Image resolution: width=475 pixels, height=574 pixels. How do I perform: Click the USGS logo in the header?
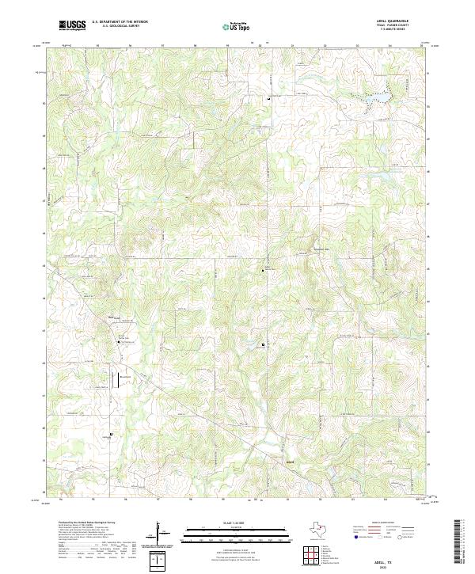73,25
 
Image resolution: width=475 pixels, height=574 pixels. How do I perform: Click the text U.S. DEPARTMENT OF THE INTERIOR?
120,22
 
